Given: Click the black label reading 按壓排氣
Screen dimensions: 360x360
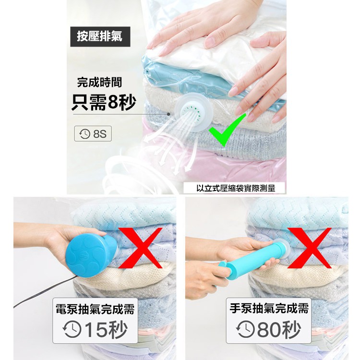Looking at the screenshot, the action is pos(100,36).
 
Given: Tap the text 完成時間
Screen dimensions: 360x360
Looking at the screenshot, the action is pos(99,83).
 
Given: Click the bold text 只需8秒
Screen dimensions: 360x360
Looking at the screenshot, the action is pos(104,102).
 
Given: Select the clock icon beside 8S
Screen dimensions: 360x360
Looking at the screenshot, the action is pos(84,133).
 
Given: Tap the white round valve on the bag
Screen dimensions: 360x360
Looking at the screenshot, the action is pos(193,112).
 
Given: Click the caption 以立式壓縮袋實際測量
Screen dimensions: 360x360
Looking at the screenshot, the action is pos(236,188).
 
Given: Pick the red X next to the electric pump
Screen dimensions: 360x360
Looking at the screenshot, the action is pos(141,248).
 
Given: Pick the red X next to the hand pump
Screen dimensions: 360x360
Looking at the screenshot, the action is pos(309,248).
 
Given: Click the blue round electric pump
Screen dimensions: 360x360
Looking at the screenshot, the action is pos(91,255).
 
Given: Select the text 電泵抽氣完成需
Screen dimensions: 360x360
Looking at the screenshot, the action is pos(95,309).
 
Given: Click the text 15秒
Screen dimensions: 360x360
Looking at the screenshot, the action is pos(106,330).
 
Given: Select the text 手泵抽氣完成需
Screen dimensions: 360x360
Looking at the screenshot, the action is pos(269,308).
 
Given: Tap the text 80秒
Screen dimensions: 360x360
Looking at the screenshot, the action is pos(279,329).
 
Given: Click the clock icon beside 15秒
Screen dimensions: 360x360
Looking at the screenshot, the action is pos(72,329).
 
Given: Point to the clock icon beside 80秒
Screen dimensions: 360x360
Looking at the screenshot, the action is pos(245,329).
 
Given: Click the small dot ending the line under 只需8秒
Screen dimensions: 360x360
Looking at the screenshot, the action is pos(168,114).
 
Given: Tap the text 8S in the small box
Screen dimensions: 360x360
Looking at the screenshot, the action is pos(100,134).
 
